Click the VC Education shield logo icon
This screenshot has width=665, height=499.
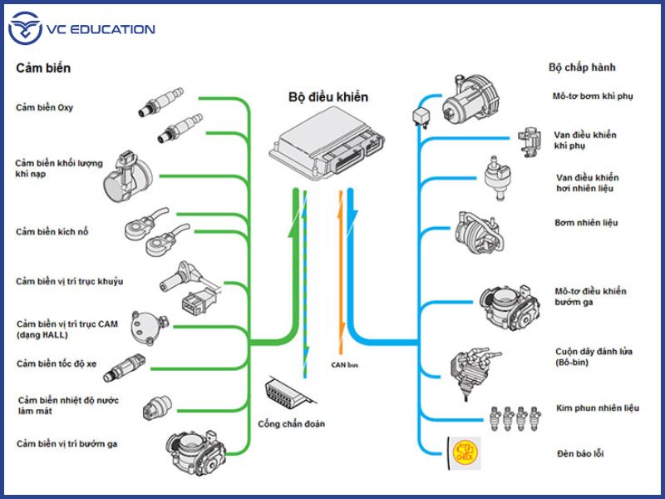[x=24, y=30]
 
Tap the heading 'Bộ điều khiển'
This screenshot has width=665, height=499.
[x=328, y=97]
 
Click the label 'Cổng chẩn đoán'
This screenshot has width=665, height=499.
[x=291, y=423]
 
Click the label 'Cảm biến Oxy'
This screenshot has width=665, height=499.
[x=43, y=107]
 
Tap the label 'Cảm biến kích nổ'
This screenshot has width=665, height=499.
[x=52, y=231]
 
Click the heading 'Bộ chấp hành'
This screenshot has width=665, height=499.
[x=582, y=67]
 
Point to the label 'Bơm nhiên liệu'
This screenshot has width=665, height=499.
[x=586, y=223]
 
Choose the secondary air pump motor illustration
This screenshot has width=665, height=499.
[x=469, y=99]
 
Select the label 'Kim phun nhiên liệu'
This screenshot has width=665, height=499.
[x=597, y=408]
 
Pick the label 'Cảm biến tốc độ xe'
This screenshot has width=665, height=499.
[x=56, y=363]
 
